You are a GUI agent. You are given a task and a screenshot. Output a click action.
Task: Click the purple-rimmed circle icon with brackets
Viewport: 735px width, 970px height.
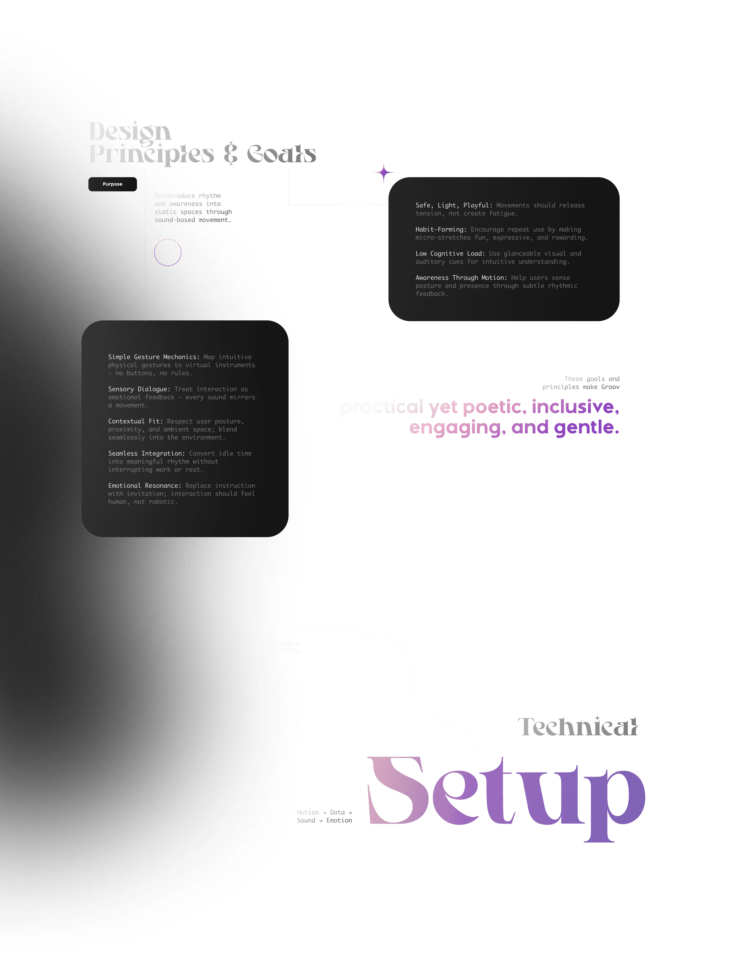(168, 253)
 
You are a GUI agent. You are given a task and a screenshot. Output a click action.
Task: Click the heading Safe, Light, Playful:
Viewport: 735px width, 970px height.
(454, 205)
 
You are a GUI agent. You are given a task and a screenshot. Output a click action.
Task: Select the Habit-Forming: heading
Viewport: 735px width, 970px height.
(441, 229)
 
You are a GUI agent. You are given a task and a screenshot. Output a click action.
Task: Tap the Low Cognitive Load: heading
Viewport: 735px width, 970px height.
(450, 253)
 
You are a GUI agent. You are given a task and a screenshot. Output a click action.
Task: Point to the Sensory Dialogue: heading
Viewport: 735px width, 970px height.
(139, 389)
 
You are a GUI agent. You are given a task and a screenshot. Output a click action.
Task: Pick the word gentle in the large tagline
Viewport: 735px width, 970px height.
(586, 427)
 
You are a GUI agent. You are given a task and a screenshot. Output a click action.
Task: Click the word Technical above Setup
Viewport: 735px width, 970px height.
(577, 727)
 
